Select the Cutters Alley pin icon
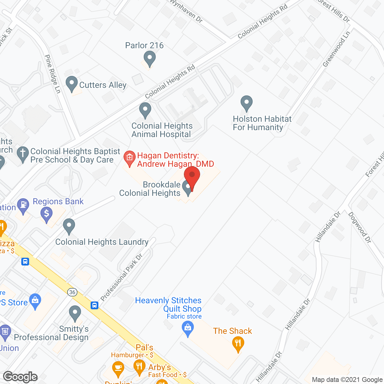[72, 84]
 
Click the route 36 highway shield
[72, 292]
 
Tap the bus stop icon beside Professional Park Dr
[94, 305]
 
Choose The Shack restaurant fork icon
[238, 343]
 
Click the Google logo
[20, 376]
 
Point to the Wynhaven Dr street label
[186, 10]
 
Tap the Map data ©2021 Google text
[347, 380]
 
